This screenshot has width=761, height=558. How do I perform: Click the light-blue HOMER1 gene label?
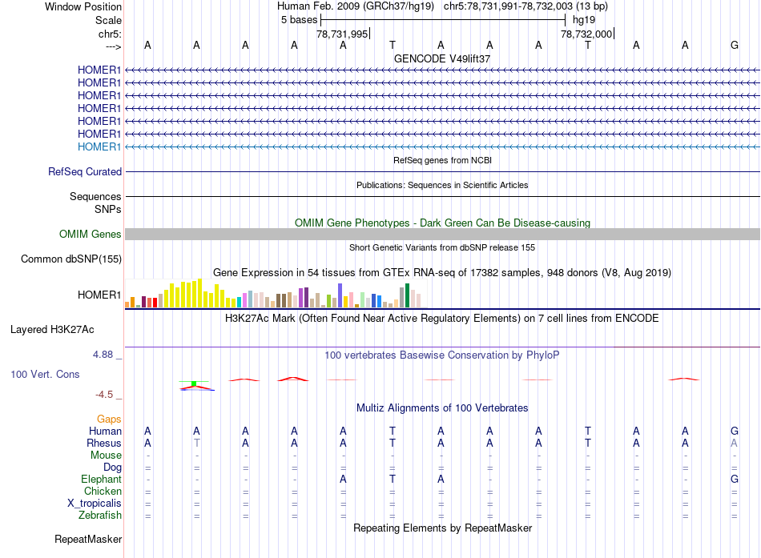click(x=99, y=147)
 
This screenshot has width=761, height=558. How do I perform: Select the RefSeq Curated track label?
click(x=85, y=171)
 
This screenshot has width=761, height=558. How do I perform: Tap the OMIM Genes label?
click(x=91, y=234)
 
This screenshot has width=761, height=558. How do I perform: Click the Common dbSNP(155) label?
click(x=71, y=259)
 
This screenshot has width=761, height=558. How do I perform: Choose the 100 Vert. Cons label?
click(x=46, y=374)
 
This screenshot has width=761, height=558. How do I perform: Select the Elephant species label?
click(x=102, y=479)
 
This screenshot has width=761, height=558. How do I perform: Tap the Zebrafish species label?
click(x=99, y=515)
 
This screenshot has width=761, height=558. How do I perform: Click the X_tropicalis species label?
click(x=95, y=503)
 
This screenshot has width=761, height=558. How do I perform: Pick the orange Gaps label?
click(x=109, y=419)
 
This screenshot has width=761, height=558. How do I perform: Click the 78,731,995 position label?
click(x=342, y=34)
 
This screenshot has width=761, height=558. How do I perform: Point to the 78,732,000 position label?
click(x=586, y=34)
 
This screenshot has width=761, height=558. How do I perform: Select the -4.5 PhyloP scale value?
click(x=107, y=395)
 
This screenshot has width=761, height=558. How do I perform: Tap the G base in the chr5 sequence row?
click(x=735, y=45)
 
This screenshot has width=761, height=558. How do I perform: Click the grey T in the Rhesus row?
click(x=196, y=443)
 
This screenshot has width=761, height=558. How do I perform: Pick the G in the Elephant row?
click(x=735, y=479)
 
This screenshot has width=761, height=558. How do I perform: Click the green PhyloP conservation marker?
click(x=194, y=383)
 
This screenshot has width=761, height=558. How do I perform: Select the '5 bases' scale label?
click(x=299, y=19)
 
